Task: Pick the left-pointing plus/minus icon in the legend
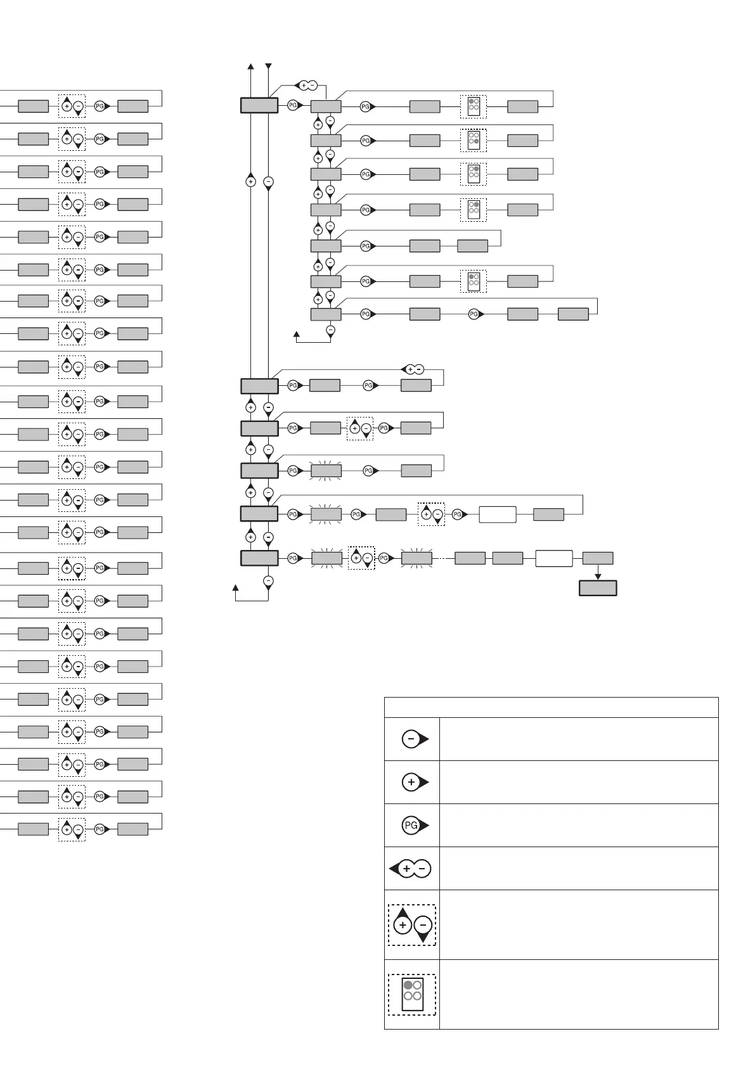tap(411, 869)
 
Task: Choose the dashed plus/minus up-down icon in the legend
tap(412, 925)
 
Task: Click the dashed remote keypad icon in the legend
tap(412, 995)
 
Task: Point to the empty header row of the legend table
tap(551, 707)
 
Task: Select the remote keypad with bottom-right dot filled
tap(474, 140)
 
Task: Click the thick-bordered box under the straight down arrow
tap(598, 588)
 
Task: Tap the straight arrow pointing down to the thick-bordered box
tap(598, 572)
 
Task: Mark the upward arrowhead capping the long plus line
tap(251, 67)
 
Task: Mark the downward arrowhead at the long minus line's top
tap(268, 67)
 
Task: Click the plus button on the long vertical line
tap(250, 182)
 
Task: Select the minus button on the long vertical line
tap(268, 182)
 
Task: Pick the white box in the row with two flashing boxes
tap(554, 558)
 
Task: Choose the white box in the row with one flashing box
tap(498, 514)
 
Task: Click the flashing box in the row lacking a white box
tap(326, 471)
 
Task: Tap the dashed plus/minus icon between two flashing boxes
tap(361, 558)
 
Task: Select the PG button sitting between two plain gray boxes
tap(474, 314)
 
